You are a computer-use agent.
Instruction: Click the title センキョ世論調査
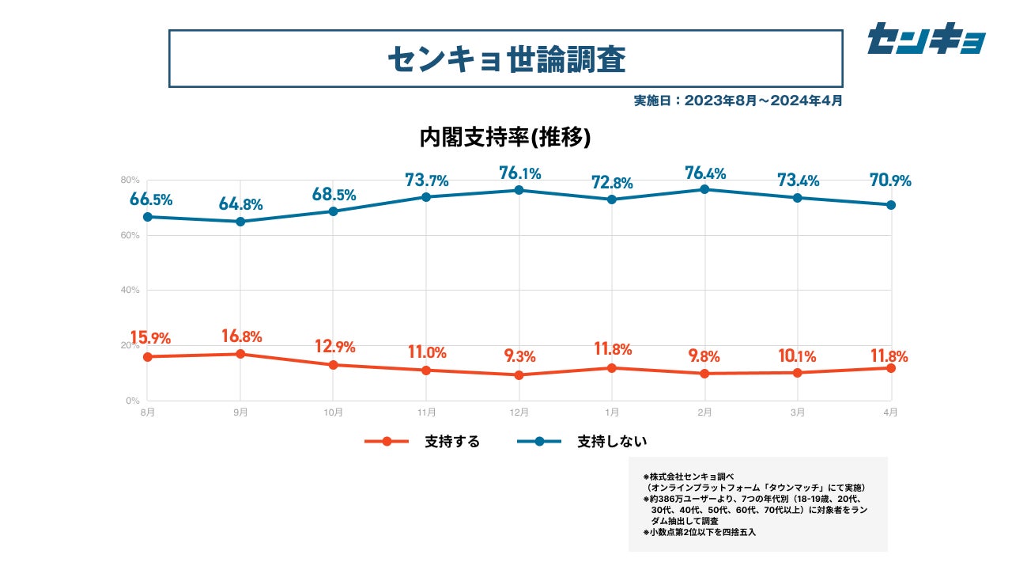pyautogui.click(x=506, y=59)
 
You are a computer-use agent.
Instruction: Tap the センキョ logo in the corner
pyautogui.click(x=926, y=39)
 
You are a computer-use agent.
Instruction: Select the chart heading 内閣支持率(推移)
pyautogui.click(x=505, y=137)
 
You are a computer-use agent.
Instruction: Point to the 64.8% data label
pyautogui.click(x=241, y=205)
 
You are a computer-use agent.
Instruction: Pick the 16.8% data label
pyautogui.click(x=241, y=336)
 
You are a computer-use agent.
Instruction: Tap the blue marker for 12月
pyautogui.click(x=519, y=190)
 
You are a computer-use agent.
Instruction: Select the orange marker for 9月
pyautogui.click(x=241, y=354)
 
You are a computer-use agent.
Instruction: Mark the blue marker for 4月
pyautogui.click(x=891, y=205)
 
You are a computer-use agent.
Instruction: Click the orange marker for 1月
pyautogui.click(x=612, y=368)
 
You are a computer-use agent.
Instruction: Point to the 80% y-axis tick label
pyautogui.click(x=130, y=180)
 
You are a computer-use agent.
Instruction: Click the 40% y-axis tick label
pyautogui.click(x=130, y=291)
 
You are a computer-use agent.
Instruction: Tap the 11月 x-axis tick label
pyautogui.click(x=426, y=412)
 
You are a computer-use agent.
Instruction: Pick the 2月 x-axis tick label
pyautogui.click(x=705, y=412)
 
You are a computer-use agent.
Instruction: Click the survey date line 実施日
pyautogui.click(x=738, y=101)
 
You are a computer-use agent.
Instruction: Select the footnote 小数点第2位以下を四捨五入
pyautogui.click(x=700, y=532)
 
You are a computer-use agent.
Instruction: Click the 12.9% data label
pyautogui.click(x=334, y=347)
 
